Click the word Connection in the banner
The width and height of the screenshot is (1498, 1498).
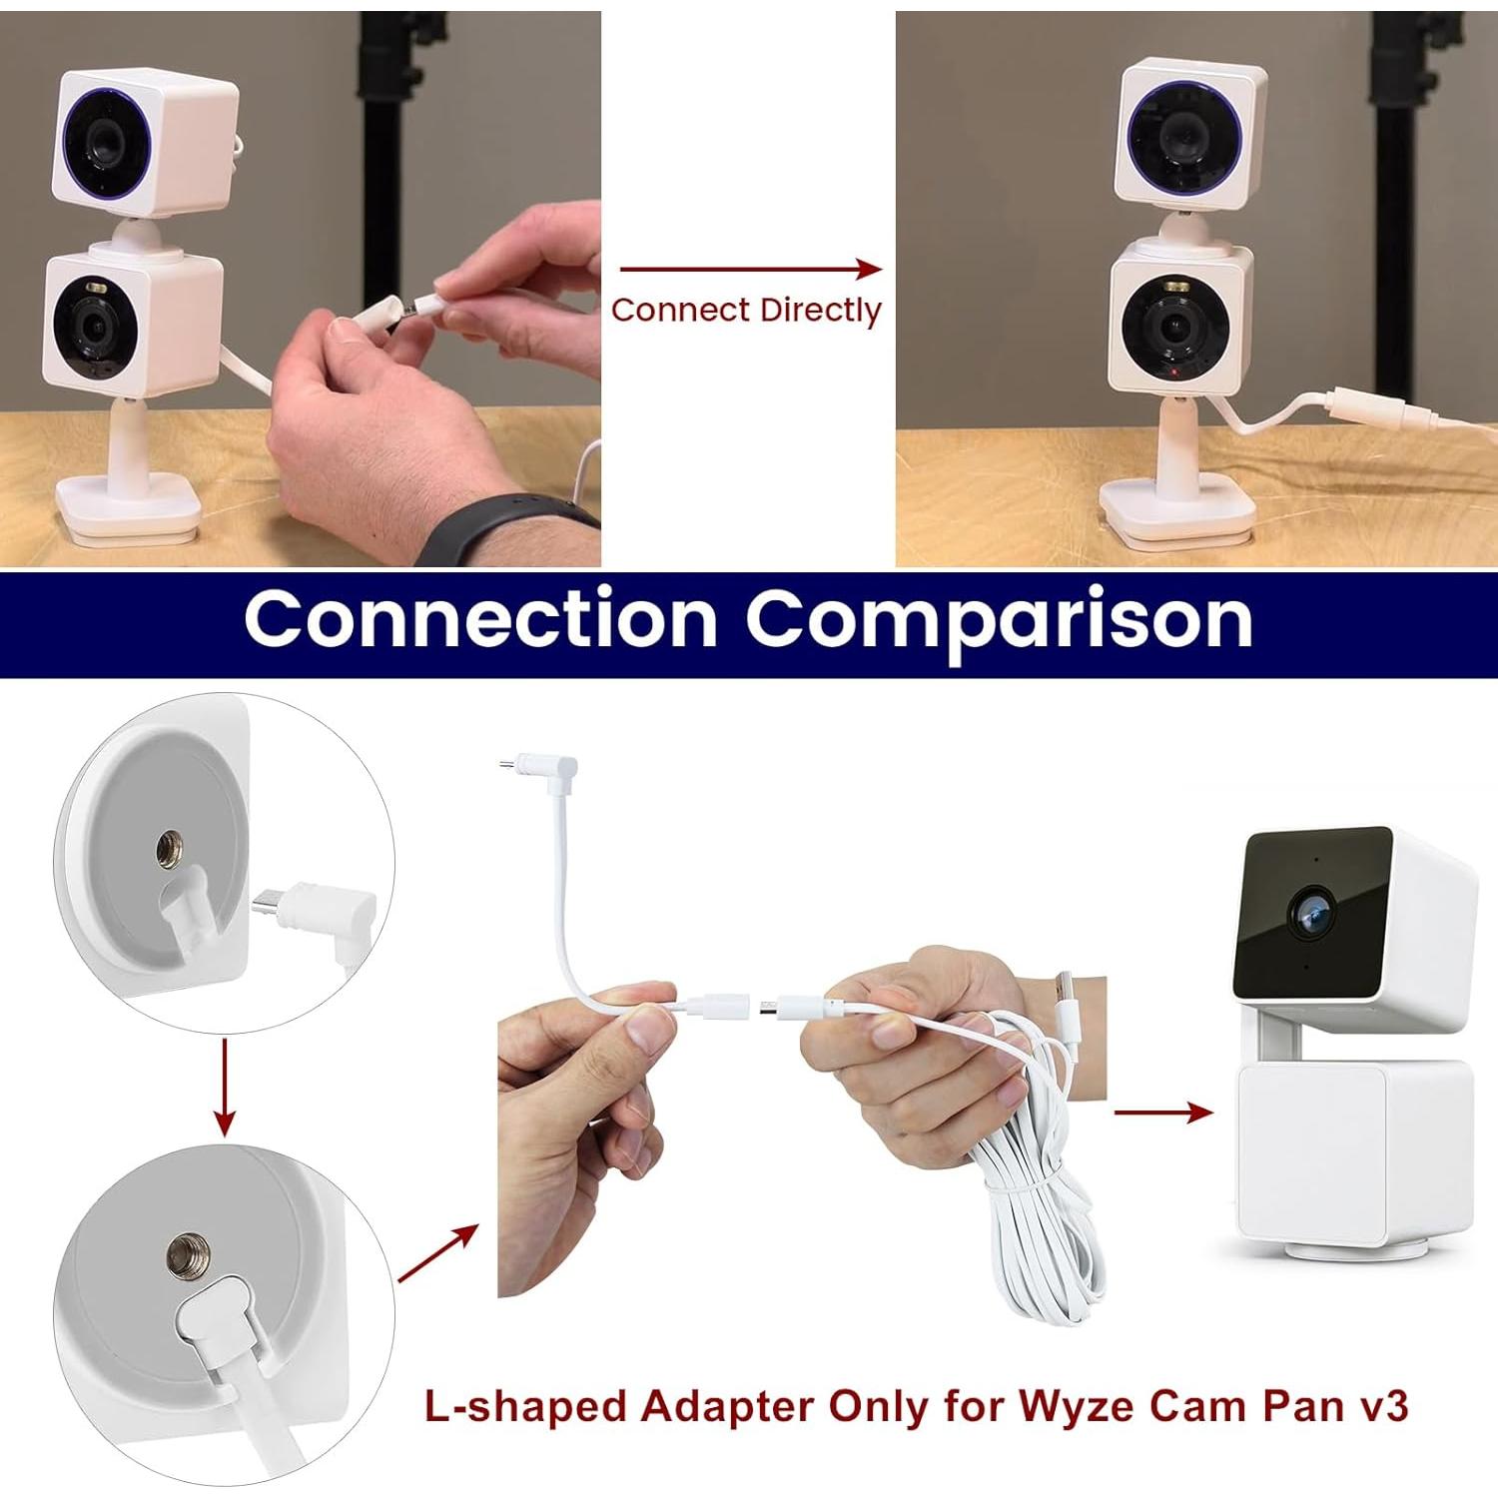(480, 619)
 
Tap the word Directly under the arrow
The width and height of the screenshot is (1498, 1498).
(820, 311)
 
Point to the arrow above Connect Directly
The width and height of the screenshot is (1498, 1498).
(749, 269)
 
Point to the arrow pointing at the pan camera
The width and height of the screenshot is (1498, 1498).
(1163, 1112)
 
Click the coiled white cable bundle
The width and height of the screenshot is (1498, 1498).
(1039, 1198)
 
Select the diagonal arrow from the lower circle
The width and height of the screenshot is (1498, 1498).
(437, 1253)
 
